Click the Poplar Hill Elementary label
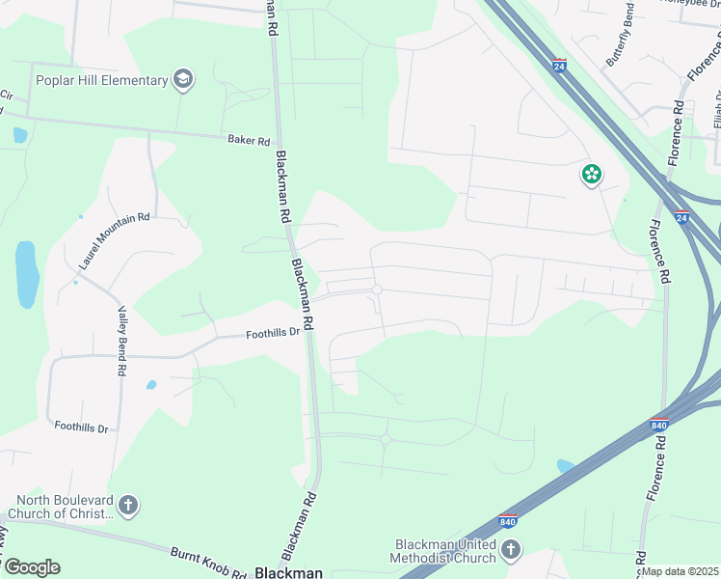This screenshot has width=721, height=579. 102,80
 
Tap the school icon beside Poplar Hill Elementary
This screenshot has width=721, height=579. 183,79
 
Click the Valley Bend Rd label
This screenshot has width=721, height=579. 122,341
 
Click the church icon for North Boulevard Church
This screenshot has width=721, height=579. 129,505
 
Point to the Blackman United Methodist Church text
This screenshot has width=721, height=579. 444,551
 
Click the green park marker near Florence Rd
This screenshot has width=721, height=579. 591,175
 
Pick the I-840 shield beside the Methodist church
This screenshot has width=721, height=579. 508,522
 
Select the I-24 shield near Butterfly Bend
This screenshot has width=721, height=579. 559,66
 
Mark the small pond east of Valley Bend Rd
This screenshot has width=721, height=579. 151,385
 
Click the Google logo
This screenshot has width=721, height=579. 32,567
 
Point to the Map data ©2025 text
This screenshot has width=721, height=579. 681,571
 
